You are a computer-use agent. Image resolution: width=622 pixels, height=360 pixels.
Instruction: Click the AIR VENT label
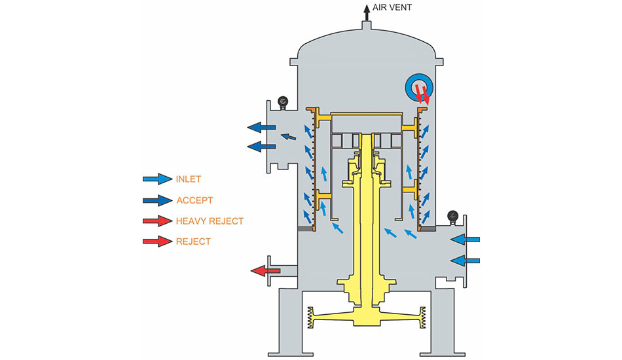click(x=392, y=8)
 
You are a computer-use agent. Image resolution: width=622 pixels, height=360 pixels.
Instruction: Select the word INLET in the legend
click(x=189, y=179)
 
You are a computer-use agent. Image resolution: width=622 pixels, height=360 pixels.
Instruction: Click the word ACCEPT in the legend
click(x=194, y=200)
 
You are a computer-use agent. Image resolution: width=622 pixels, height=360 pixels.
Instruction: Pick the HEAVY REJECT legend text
click(x=210, y=221)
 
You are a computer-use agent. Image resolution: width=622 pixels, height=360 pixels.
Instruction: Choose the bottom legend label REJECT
click(x=193, y=242)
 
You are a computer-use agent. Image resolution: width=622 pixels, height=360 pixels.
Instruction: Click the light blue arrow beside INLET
click(x=158, y=179)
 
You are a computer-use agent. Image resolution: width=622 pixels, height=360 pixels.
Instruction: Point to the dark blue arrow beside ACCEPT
click(x=158, y=200)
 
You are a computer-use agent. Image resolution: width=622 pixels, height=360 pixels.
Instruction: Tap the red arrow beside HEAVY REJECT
click(x=158, y=221)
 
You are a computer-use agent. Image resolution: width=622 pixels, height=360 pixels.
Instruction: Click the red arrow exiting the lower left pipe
click(x=265, y=271)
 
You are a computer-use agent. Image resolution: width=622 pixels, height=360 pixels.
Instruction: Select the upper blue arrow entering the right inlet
click(x=466, y=240)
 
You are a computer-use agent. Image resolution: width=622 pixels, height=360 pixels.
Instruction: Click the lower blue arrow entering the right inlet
click(x=466, y=261)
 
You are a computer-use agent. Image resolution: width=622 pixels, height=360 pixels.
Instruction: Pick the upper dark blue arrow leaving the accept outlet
click(x=261, y=127)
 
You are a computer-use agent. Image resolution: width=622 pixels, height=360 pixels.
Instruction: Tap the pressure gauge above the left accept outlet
click(x=282, y=102)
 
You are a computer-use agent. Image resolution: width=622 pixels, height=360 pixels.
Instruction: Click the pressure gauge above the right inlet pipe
click(x=452, y=217)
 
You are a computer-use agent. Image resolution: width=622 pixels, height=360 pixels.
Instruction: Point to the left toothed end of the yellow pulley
click(x=310, y=317)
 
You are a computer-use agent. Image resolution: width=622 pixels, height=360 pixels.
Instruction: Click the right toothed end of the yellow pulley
click(x=422, y=317)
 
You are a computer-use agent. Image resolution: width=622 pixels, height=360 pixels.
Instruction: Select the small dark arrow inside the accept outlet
click(x=288, y=137)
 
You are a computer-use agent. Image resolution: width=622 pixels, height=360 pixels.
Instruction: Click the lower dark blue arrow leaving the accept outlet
click(x=261, y=147)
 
